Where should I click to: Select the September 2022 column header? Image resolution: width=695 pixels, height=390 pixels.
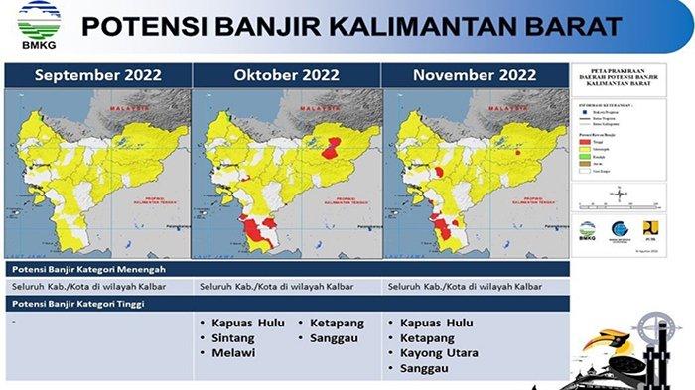tap(96, 74)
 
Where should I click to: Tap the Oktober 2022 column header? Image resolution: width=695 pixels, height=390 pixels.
tap(287, 74)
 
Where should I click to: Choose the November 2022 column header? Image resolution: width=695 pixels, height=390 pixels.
tap(475, 74)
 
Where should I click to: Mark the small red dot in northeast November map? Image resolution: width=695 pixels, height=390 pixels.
tap(519, 153)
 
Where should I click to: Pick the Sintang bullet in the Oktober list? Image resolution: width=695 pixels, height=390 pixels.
tap(235, 338)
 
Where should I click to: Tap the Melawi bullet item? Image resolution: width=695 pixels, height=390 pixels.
tap(233, 353)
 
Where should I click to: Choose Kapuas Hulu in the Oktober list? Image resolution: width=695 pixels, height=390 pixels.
tap(248, 323)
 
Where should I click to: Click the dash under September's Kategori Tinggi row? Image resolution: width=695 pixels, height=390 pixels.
tap(12, 323)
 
